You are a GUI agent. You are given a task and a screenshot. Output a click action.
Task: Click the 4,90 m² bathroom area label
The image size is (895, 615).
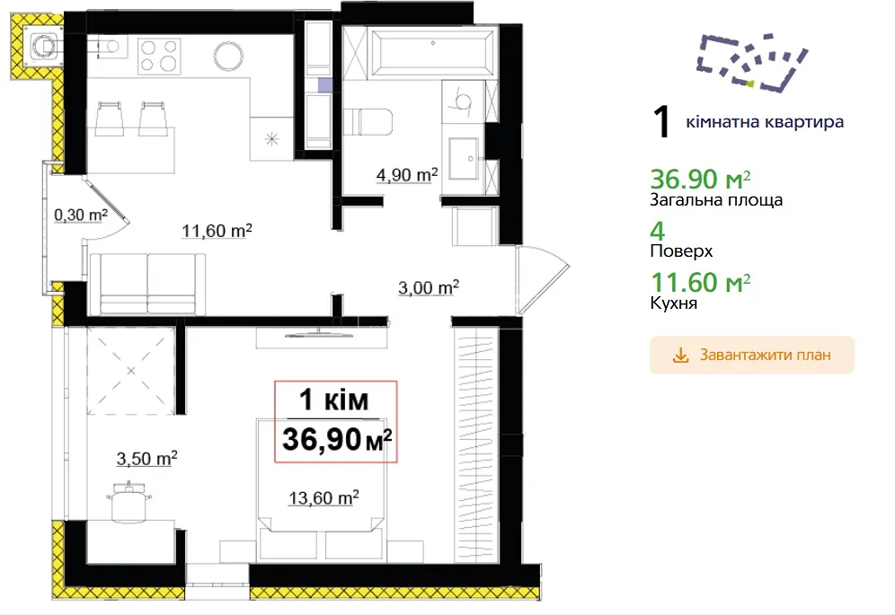[407, 174]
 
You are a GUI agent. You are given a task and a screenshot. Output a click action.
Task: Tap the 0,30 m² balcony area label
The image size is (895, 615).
[81, 215]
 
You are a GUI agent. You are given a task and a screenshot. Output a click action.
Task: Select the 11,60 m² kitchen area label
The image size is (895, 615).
[217, 231]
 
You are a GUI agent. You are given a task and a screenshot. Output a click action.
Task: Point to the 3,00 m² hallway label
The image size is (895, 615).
[429, 287]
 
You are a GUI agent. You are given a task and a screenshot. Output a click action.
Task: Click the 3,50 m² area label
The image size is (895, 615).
[146, 458]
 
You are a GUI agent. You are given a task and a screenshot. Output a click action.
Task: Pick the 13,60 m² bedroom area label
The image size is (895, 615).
[323, 497]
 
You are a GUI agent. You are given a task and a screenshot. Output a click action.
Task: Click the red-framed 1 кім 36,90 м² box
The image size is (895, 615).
[336, 421]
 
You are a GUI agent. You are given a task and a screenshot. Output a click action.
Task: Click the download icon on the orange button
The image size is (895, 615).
[680, 356]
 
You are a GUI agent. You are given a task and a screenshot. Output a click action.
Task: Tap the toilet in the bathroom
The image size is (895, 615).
[370, 121]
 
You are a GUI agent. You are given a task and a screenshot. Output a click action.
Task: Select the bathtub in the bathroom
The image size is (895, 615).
[432, 52]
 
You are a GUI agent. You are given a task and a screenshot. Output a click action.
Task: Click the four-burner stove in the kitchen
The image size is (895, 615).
[159, 56]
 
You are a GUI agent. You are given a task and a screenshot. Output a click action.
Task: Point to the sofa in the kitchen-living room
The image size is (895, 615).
[148, 284]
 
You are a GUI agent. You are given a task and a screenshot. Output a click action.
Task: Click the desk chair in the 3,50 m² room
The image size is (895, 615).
[129, 500]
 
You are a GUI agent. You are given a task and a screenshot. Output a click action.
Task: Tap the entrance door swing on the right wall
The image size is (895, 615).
[542, 279]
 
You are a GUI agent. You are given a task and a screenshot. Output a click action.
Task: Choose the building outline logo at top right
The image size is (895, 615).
[752, 62]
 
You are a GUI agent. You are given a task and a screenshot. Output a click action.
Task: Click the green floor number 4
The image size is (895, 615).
[658, 231]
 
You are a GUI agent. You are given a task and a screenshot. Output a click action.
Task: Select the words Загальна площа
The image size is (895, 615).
[716, 200]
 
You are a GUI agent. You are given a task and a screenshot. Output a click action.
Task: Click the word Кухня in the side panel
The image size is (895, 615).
[674, 303]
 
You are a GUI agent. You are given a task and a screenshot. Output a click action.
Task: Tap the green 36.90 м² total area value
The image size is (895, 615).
[700, 180]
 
